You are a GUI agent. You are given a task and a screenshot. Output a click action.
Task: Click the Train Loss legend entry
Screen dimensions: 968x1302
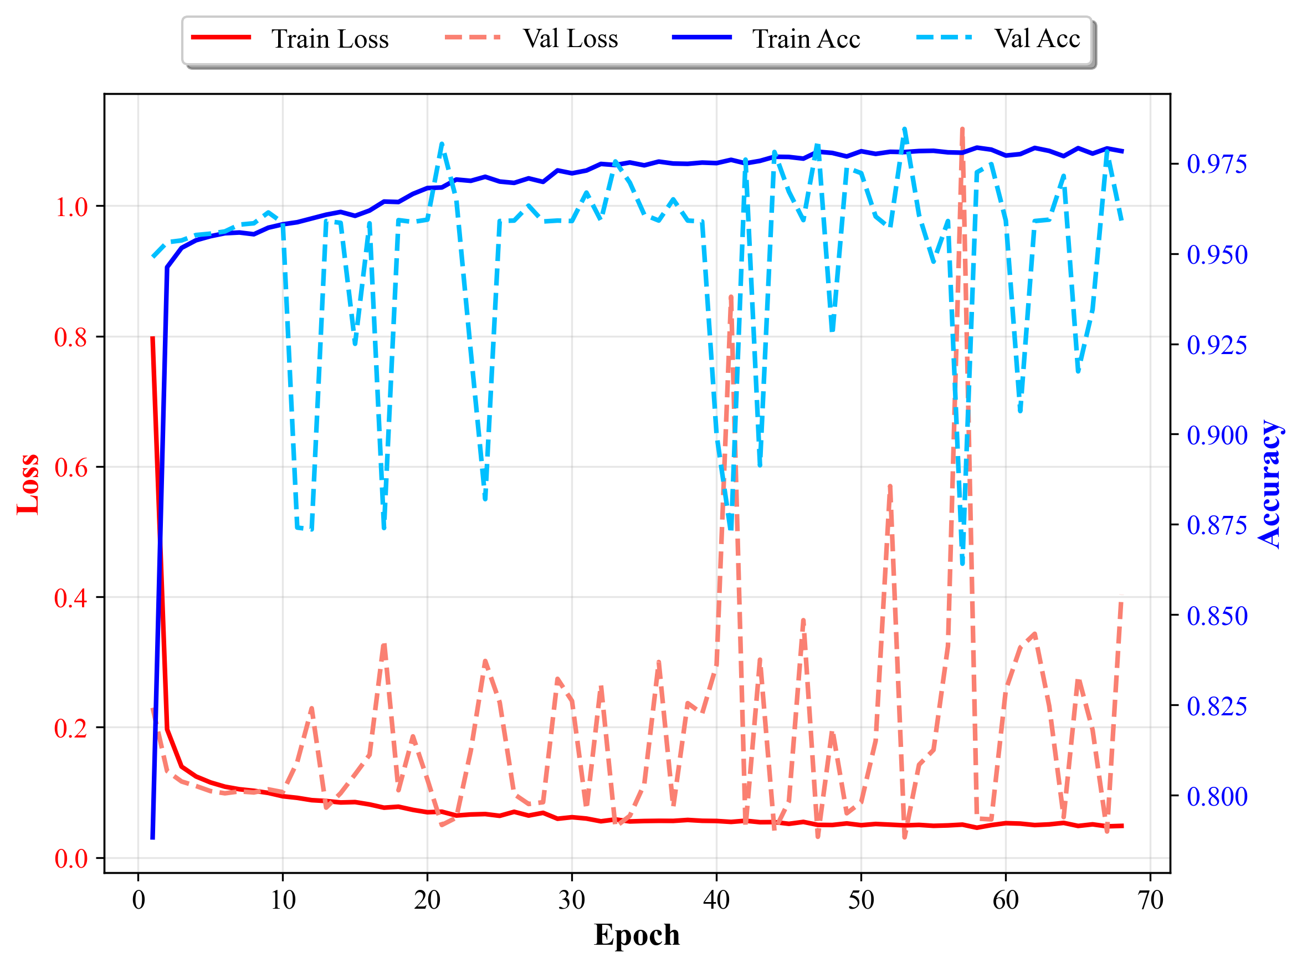point(290,39)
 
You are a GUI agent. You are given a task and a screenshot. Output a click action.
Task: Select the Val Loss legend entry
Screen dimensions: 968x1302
point(531,39)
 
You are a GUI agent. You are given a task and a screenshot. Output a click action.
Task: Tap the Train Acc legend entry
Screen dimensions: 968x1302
point(766,39)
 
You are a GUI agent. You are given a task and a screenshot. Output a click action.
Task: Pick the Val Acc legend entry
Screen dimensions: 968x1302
point(998,39)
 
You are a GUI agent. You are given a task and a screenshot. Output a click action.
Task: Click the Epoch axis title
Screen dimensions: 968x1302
point(637,934)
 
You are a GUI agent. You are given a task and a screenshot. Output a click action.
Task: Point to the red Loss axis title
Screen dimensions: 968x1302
point(28,484)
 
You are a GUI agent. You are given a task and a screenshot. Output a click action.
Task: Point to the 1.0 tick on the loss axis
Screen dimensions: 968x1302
point(71,207)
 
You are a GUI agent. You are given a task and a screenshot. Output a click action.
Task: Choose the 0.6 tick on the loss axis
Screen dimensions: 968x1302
point(71,468)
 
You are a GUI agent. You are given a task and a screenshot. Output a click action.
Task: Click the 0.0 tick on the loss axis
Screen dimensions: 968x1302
point(71,858)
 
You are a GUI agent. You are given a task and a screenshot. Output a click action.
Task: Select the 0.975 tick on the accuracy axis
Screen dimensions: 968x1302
point(1217,164)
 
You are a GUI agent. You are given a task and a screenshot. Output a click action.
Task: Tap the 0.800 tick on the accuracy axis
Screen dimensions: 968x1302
point(1217,796)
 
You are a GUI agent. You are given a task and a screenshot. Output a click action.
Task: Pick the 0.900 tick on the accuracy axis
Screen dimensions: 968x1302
point(1217,436)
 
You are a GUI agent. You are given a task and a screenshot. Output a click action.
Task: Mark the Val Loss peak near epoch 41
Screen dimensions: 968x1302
point(731,297)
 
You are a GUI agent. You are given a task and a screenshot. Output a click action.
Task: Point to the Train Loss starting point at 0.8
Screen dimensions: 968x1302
point(153,337)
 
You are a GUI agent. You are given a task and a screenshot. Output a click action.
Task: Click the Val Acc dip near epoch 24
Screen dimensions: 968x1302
point(485,499)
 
